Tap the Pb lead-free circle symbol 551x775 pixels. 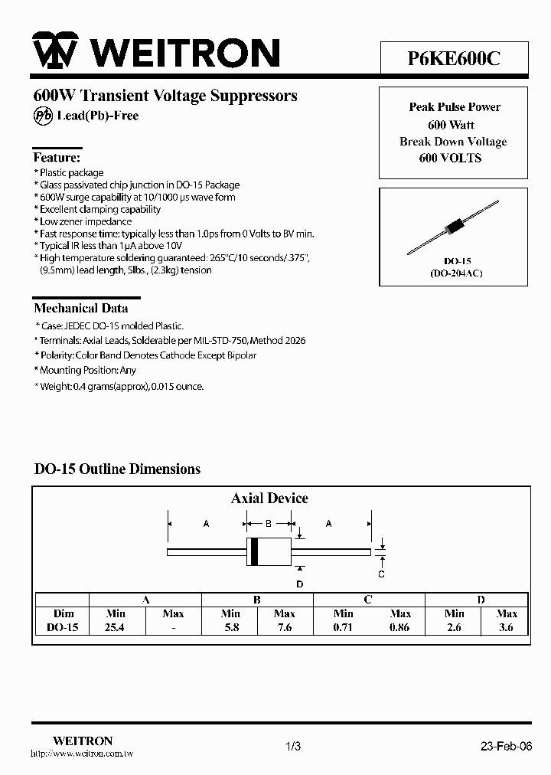click(43, 116)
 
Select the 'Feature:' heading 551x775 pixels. click(57, 157)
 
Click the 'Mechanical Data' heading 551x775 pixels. click(80, 308)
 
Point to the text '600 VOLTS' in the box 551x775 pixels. click(451, 158)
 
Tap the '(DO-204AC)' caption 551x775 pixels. click(454, 273)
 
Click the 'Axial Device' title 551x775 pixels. click(269, 498)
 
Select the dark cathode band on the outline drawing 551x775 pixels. click(254, 551)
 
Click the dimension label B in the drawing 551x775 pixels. click(269, 524)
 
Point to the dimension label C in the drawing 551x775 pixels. click(381, 574)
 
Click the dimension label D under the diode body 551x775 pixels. click(300, 584)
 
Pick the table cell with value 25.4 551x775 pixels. click(116, 626)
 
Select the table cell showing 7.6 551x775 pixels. click(285, 626)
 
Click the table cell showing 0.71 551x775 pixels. click(344, 626)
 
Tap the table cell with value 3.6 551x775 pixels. click(506, 626)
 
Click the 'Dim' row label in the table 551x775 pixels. click(64, 613)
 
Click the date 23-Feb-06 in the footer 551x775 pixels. click(506, 746)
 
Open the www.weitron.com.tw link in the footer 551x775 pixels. click(82, 754)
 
